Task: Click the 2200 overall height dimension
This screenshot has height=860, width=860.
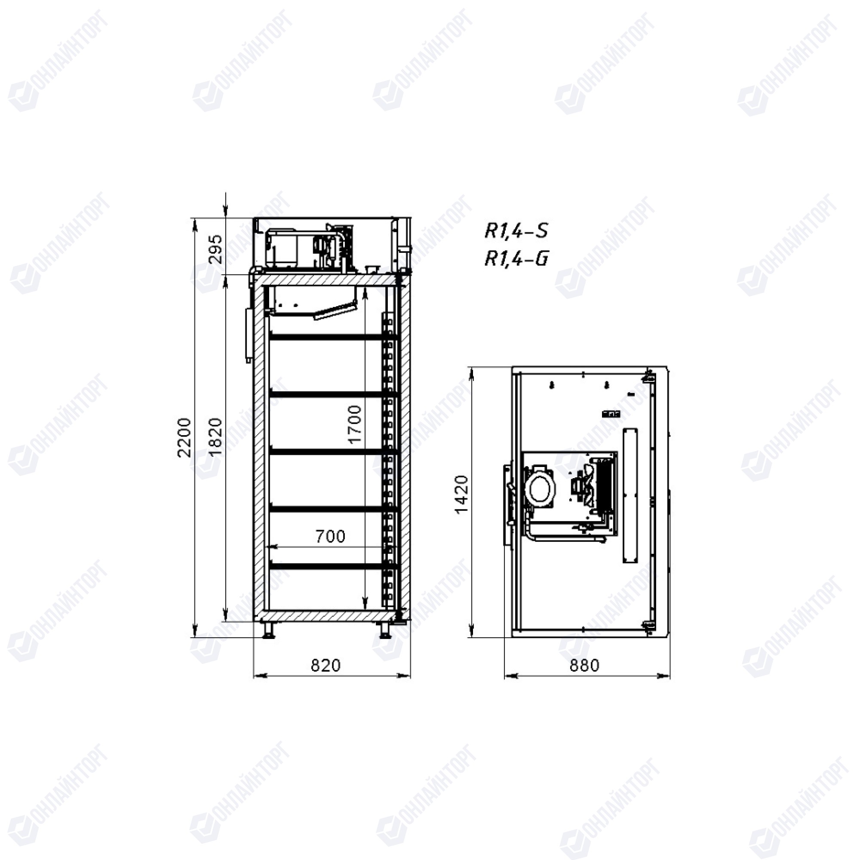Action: (x=184, y=438)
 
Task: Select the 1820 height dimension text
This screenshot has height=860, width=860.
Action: (x=215, y=437)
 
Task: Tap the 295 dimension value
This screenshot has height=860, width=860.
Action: (x=215, y=249)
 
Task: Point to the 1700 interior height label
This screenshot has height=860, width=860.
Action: (x=355, y=424)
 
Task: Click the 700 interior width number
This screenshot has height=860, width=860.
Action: (x=330, y=536)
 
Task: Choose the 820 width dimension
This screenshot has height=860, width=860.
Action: (x=326, y=666)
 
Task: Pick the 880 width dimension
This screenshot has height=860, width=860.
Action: (x=584, y=666)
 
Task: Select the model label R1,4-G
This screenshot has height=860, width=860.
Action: (x=516, y=258)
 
